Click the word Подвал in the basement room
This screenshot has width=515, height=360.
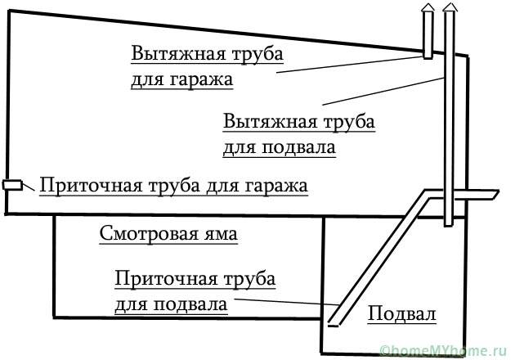pos(402,314)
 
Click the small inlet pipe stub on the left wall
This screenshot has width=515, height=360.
pos(12,185)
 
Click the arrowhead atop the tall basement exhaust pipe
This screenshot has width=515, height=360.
pos(448,7)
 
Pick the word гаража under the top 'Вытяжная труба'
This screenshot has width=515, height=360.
pos(199,80)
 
